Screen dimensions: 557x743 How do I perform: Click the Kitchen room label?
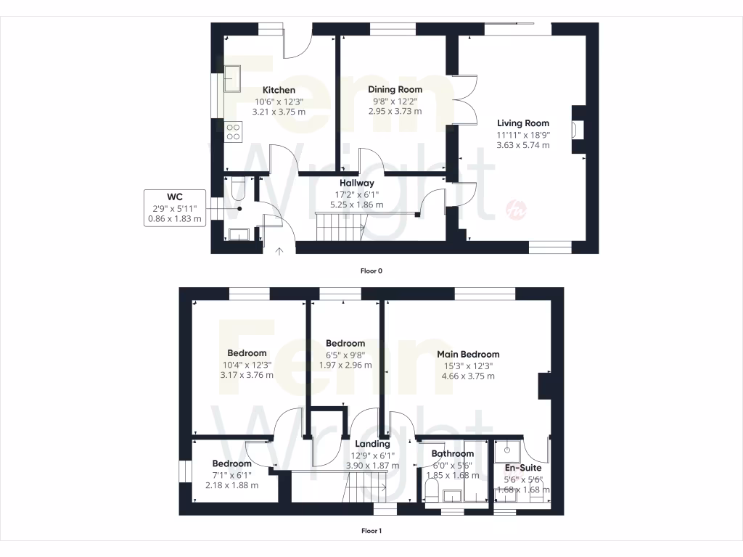(x=279, y=91)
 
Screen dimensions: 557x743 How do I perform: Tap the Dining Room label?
(x=395, y=90)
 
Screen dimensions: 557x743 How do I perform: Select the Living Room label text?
(x=522, y=123)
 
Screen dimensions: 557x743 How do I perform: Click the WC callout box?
(x=174, y=207)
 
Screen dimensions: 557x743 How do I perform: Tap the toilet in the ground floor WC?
(x=239, y=191)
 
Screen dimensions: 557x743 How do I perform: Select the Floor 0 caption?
(x=371, y=271)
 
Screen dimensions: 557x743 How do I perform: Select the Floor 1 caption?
(x=371, y=531)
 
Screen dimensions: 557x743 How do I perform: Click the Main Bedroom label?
(x=468, y=355)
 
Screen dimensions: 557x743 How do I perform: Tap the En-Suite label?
(x=522, y=468)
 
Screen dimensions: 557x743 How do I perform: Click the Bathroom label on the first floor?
(x=453, y=454)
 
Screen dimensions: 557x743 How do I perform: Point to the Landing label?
(x=372, y=444)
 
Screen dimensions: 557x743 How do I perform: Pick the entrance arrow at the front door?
(x=279, y=252)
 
